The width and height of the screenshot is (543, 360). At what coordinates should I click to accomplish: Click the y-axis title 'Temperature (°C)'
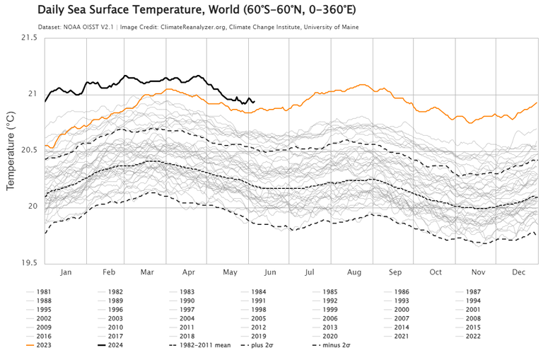tap(11, 149)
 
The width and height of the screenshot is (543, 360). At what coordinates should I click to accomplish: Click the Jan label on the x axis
tap(66, 272)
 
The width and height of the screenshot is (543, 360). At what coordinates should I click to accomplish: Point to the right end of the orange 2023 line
tap(537, 103)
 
